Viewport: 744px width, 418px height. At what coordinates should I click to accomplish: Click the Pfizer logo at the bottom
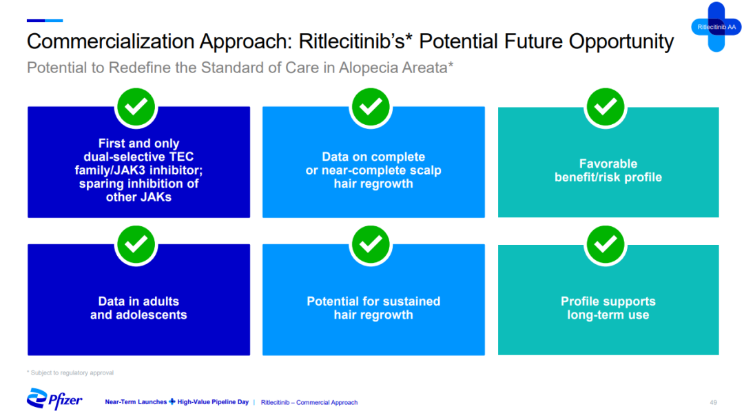[x=54, y=399]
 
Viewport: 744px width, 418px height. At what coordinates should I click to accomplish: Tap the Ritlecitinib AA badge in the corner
[x=716, y=27]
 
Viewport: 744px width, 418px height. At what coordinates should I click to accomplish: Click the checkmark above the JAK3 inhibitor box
[x=136, y=107]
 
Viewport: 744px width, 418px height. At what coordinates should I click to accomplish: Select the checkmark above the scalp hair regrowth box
[x=371, y=107]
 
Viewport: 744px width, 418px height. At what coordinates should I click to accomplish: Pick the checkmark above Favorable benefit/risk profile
[x=606, y=107]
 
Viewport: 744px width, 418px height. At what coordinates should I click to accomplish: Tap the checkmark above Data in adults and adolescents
[x=136, y=245]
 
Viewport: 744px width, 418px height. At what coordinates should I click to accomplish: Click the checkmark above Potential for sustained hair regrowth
[x=371, y=245]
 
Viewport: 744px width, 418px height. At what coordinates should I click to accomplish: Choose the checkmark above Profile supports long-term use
[x=606, y=245]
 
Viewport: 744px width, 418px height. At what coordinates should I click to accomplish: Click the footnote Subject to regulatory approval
[x=72, y=373]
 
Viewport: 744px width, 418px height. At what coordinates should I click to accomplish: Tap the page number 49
[x=713, y=402]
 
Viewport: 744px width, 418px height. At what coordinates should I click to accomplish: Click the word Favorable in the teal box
[x=608, y=164]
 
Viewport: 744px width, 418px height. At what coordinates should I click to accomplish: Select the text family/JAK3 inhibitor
[x=138, y=170]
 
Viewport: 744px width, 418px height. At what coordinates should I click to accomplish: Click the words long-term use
[x=608, y=315]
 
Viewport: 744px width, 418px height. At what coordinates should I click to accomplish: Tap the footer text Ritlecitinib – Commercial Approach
[x=309, y=402]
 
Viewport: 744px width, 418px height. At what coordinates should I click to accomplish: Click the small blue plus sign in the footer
[x=172, y=402]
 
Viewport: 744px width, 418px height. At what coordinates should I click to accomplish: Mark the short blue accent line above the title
[x=45, y=21]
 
